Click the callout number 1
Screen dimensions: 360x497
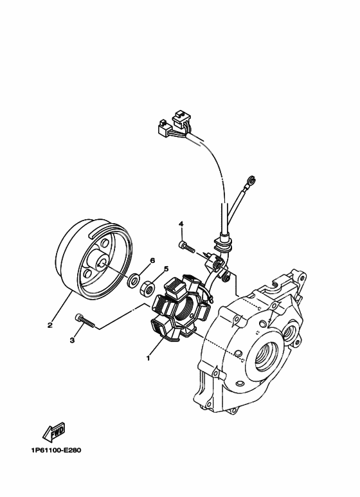148,358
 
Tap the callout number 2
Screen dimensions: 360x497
50,325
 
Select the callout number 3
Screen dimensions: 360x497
72,340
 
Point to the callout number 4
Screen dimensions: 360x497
181,224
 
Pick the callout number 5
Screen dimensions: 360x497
166,269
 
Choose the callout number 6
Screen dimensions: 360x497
152,260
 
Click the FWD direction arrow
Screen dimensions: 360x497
54,431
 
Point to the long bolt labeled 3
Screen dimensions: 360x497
85,320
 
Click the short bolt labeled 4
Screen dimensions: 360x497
186,246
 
